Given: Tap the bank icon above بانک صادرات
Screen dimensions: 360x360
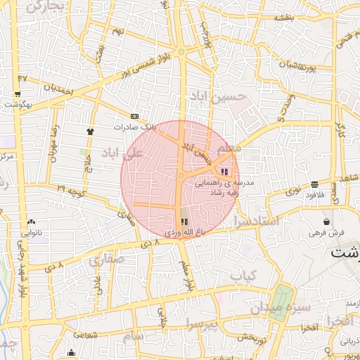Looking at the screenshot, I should (134, 116).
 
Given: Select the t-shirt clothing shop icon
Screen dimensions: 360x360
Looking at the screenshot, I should (90, 131).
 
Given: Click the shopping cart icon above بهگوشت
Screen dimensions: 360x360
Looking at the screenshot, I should (17, 94).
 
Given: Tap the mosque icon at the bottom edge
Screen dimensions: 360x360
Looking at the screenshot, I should (71, 354).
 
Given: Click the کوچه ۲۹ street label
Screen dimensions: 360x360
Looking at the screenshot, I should (70, 189).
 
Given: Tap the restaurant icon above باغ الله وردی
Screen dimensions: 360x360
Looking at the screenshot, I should (184, 221).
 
